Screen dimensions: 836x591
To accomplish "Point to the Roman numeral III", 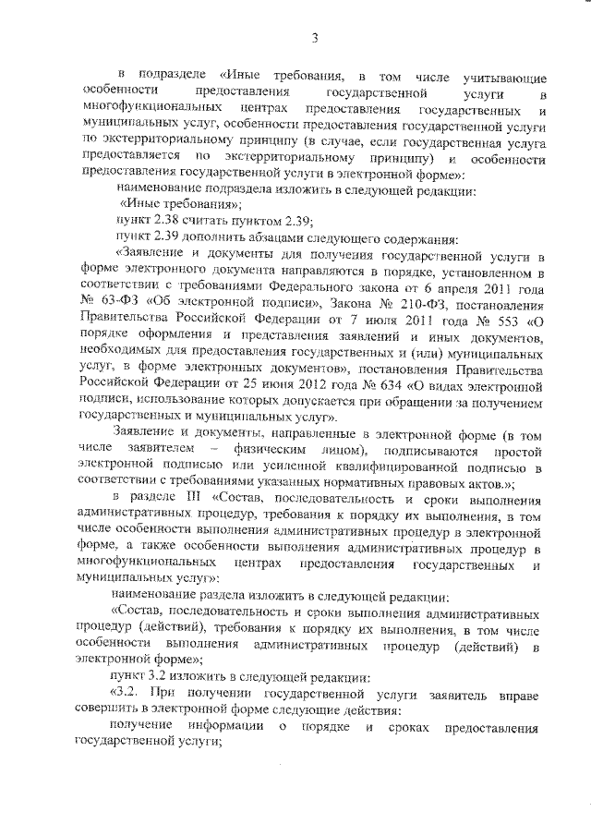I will pos(193,500).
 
